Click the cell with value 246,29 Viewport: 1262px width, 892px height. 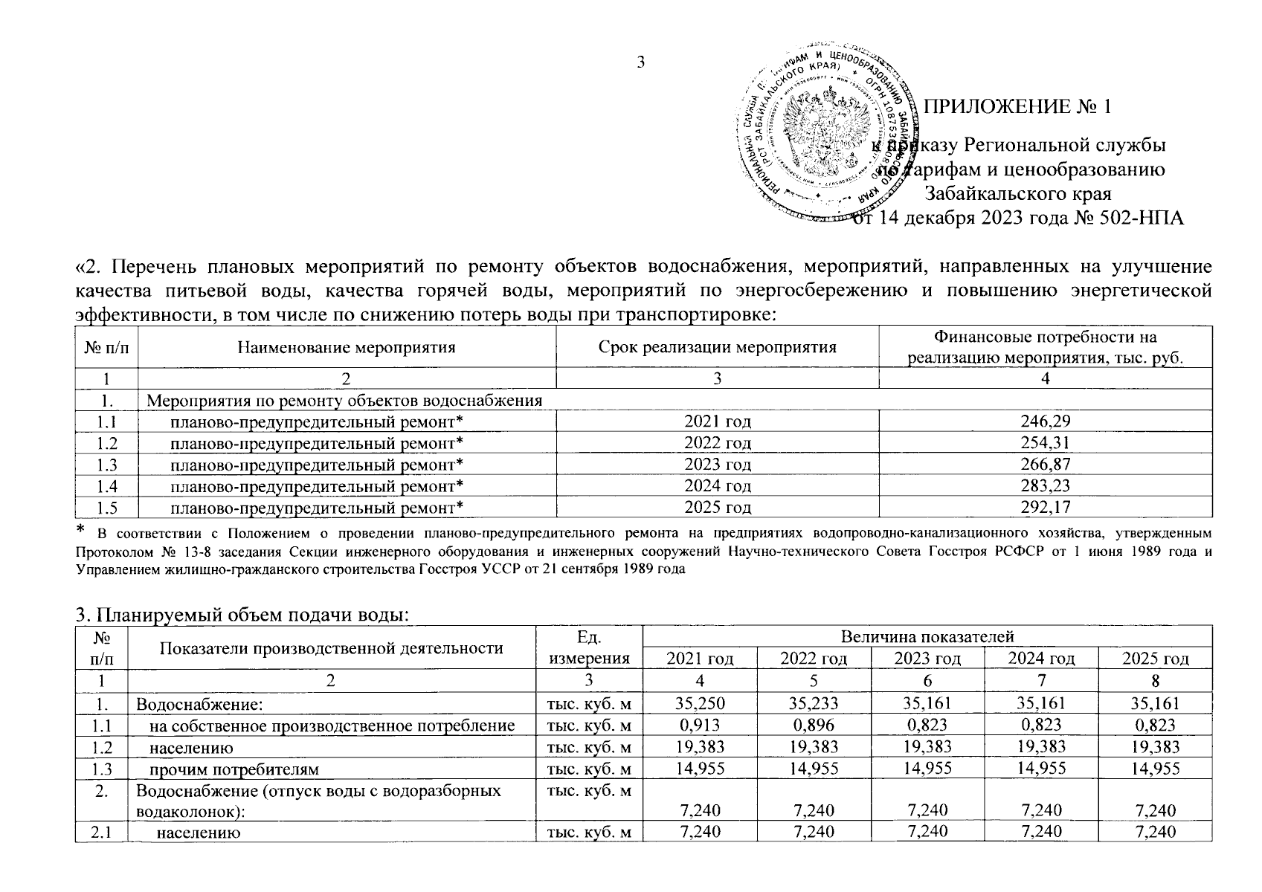coord(1045,421)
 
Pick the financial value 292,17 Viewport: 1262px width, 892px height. coord(1045,508)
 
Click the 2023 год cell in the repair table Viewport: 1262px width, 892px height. coord(717,465)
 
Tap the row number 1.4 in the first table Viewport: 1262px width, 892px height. coord(106,486)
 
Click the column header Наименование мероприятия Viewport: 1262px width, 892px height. coord(347,347)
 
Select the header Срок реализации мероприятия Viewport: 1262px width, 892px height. coord(717,347)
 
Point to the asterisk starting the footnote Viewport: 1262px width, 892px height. coord(82,530)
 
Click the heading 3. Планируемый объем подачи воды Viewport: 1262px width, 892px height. coord(242,615)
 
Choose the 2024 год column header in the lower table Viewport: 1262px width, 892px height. coord(1040,658)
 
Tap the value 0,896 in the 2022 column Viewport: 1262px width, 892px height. coord(814,725)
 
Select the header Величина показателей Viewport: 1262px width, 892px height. coord(927,636)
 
